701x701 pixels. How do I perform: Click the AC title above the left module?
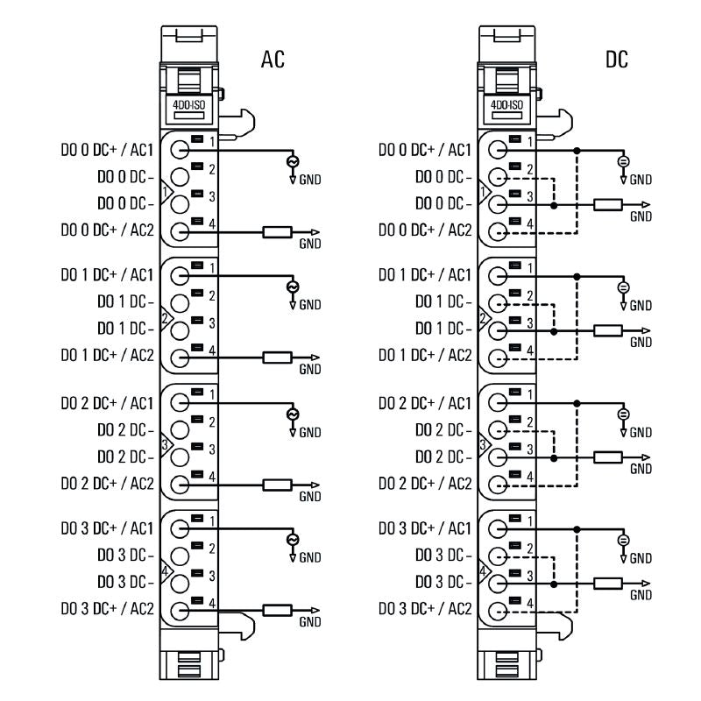pos(273,60)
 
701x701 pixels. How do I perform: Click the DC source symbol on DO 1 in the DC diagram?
pos(623,287)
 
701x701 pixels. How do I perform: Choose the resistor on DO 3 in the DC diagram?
pos(607,584)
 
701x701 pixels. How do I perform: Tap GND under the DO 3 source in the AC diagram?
pos(310,557)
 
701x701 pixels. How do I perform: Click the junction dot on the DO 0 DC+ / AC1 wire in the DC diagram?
pos(576,152)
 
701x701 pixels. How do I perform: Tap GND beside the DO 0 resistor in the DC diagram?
pos(641,216)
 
